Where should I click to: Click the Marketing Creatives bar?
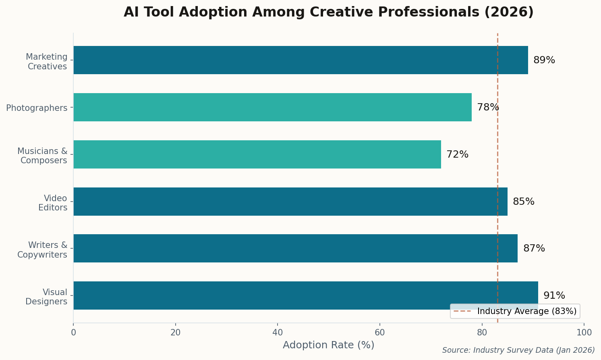click(300, 60)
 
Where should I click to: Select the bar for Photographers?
click(272, 107)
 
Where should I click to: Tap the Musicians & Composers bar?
click(257, 154)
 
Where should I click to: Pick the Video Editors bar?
click(290, 202)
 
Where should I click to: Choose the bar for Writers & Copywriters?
click(295, 248)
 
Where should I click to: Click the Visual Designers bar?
click(305, 295)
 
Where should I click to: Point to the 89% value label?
click(544, 60)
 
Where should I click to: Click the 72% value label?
click(457, 155)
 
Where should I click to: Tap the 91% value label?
click(554, 296)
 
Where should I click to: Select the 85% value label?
click(523, 202)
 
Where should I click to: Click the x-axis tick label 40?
click(278, 333)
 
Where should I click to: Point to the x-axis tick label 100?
click(584, 333)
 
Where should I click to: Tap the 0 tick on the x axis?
click(73, 333)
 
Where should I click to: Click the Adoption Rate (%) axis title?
click(328, 345)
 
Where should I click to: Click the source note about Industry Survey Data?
click(518, 350)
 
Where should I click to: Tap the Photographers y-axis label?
click(37, 108)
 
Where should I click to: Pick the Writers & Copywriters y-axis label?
click(42, 250)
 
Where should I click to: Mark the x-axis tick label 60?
click(379, 333)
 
